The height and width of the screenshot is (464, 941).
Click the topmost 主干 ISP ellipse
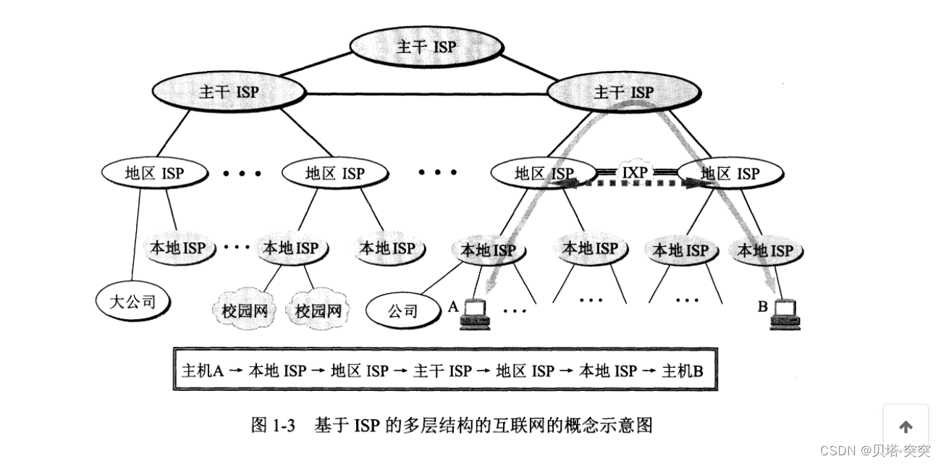(x=426, y=47)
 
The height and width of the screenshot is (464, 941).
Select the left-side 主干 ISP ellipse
(x=227, y=92)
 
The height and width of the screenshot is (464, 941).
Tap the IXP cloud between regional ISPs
(x=636, y=173)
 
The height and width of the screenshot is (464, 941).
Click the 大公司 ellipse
(x=131, y=299)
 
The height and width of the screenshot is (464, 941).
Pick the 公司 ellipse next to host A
(x=402, y=311)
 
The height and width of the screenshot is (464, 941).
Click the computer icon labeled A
(x=476, y=312)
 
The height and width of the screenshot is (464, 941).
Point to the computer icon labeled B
(x=785, y=312)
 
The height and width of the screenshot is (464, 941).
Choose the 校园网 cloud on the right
(x=318, y=311)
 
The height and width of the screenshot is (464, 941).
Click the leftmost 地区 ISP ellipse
(x=154, y=173)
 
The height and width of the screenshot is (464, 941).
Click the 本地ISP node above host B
(x=764, y=250)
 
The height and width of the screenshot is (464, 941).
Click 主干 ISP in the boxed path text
(x=442, y=371)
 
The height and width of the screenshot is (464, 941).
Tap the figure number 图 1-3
(x=273, y=426)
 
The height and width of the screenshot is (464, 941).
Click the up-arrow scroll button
(x=906, y=427)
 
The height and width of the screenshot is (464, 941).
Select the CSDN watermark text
(x=875, y=450)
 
